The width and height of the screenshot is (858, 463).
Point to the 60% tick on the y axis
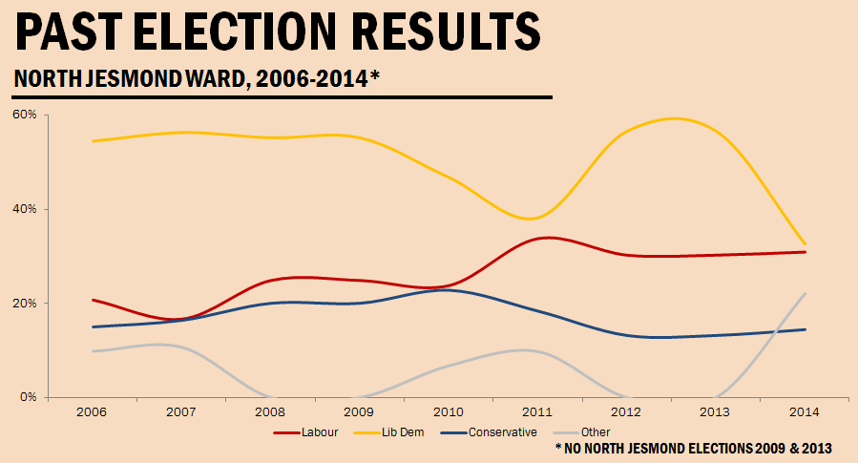coord(24,115)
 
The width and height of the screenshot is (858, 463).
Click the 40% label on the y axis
coord(24,209)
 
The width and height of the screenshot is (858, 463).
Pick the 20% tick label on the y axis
coord(24,304)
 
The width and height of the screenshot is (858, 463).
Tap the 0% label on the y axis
coord(27,397)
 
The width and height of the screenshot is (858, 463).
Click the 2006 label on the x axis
coord(92,411)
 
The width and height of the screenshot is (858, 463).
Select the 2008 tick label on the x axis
coord(270,411)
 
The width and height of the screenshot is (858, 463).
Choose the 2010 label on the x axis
coord(449,411)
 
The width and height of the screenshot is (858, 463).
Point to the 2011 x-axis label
coord(538,411)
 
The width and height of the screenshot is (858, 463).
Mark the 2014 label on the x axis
coord(806,411)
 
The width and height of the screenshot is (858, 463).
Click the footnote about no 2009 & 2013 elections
coord(693,448)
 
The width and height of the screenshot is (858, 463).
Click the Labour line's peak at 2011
coord(544,237)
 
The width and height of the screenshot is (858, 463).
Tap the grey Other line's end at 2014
coord(806,293)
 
